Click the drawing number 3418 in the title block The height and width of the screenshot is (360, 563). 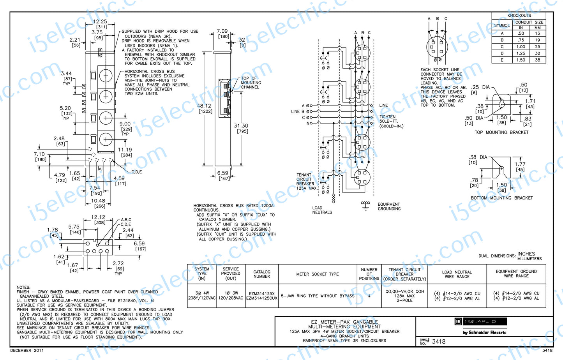[x=438, y=342]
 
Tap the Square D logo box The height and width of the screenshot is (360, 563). [x=480, y=321]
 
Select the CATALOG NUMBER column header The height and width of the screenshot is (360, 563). [x=262, y=274]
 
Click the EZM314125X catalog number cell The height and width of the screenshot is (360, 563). [x=262, y=294]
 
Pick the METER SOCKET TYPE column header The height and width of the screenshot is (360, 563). [x=318, y=274]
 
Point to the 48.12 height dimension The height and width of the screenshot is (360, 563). [x=204, y=106]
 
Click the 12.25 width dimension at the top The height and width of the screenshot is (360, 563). [x=100, y=22]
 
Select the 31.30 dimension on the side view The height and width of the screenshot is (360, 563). [x=241, y=126]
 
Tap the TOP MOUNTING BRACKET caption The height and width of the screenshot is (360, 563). [x=501, y=132]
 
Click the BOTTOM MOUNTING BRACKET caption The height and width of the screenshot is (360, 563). [x=502, y=198]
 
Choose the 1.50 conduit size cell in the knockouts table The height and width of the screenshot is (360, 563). [x=521, y=60]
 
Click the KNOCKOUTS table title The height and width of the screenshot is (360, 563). [x=519, y=16]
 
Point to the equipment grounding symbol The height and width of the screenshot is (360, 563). [x=365, y=205]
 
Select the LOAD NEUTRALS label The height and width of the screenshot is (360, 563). [x=322, y=210]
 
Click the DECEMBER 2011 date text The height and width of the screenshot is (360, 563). [x=27, y=351]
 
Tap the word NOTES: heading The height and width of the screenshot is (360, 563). [x=23, y=287]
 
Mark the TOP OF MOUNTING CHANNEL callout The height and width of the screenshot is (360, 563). [x=251, y=83]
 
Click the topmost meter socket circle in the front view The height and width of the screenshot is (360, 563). [x=106, y=76]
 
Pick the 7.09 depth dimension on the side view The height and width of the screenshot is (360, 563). [x=222, y=31]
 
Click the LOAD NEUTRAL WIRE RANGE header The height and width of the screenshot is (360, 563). [x=457, y=274]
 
